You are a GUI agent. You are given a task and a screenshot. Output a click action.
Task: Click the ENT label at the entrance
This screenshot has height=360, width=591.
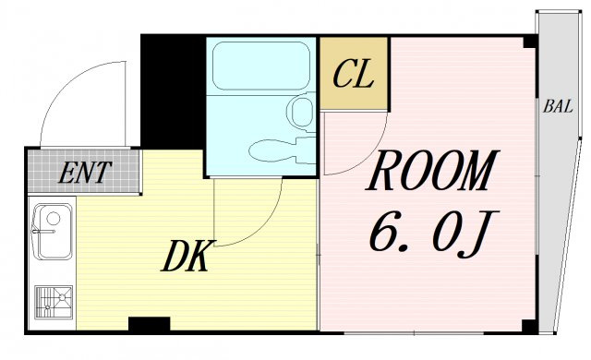(x=85, y=173)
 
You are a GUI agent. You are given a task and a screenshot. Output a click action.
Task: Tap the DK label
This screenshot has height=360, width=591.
(x=186, y=256)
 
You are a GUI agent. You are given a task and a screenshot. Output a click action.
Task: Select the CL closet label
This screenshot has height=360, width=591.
(x=353, y=74)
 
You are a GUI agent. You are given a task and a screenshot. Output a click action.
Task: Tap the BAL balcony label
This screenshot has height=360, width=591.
(x=558, y=106)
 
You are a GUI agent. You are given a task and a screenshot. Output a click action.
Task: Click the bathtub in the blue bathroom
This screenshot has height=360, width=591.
(x=260, y=66)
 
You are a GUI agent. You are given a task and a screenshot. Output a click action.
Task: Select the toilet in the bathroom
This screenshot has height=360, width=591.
(x=282, y=150)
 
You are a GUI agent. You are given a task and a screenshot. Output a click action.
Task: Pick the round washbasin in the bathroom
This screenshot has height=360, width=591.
(x=301, y=112)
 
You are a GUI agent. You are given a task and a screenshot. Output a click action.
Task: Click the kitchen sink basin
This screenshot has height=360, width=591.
(x=54, y=232)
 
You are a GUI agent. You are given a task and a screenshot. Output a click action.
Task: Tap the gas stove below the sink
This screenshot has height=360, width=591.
(x=54, y=303)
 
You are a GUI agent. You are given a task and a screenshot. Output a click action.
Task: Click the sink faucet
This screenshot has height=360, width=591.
(x=43, y=232)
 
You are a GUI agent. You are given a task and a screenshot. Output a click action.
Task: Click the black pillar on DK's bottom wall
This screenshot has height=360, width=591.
(x=150, y=325)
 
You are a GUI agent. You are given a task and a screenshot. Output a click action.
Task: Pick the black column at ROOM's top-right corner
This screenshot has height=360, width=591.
(x=530, y=41)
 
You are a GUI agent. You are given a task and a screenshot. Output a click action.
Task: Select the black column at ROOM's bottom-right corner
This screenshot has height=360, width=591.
(x=529, y=327)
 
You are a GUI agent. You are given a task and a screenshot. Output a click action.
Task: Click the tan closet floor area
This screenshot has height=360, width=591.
(x=354, y=73)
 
